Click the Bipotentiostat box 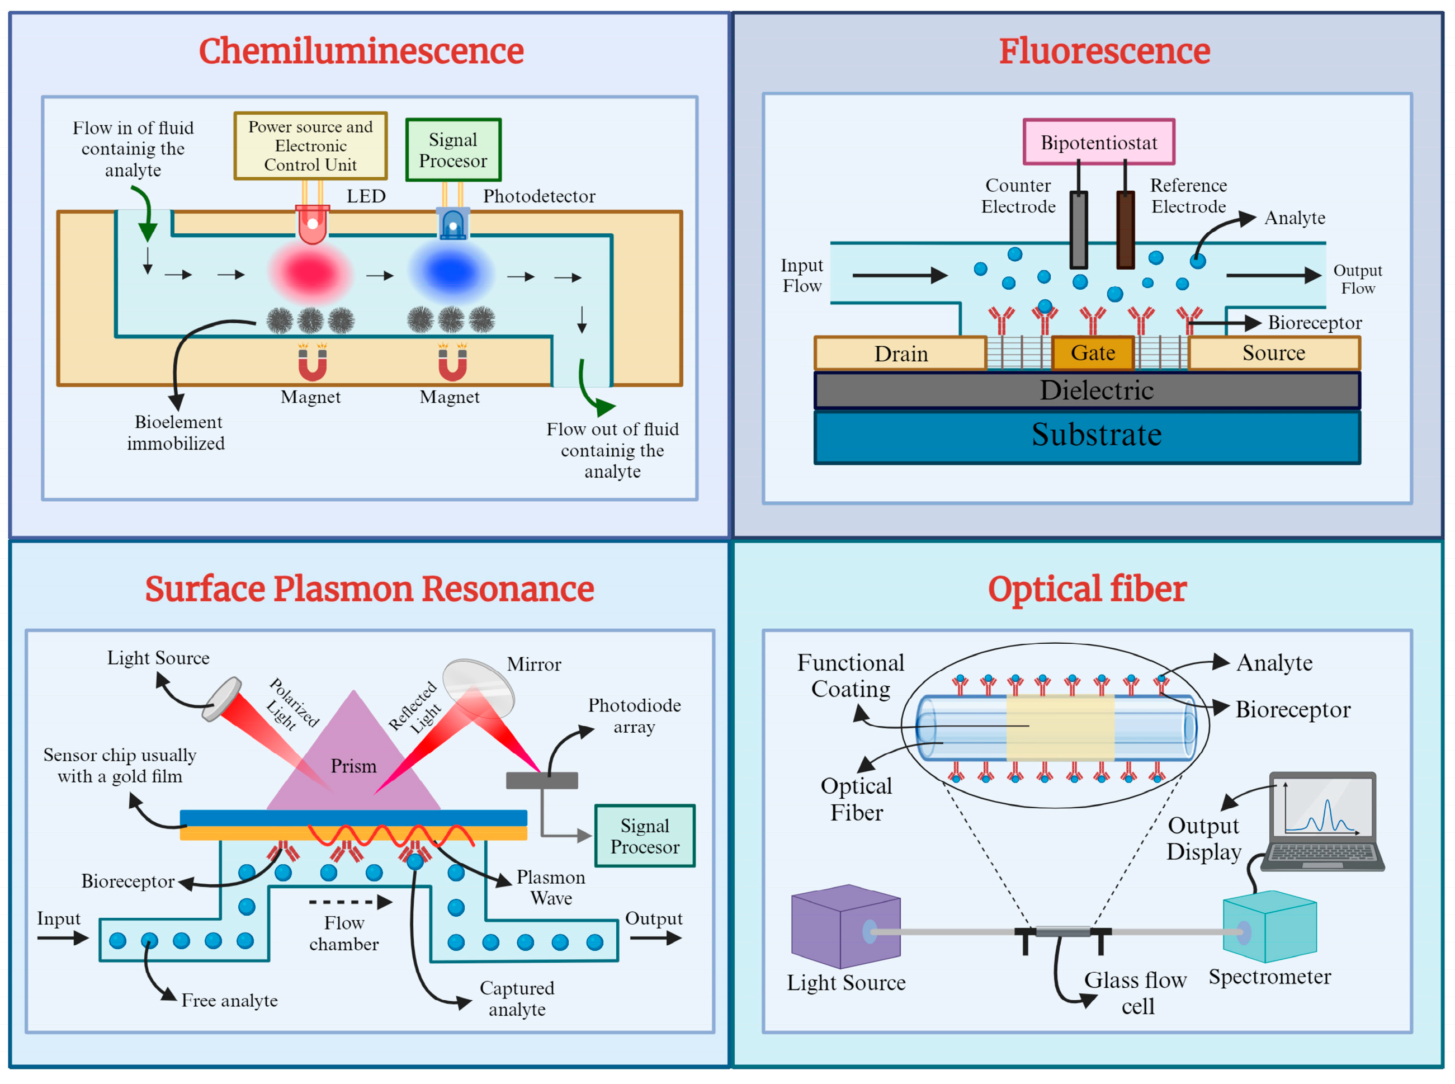tap(1099, 142)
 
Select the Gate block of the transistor tap(1093, 353)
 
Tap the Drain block tap(901, 354)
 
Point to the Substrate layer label tap(1096, 435)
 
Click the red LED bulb tap(312, 224)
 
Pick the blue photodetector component tap(452, 224)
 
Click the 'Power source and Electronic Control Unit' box tap(310, 145)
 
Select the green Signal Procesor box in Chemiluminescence tap(453, 149)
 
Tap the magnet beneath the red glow tap(312, 364)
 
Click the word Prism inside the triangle tap(353, 766)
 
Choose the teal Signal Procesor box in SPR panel tap(645, 836)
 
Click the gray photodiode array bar tap(542, 780)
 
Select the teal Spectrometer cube tap(1269, 926)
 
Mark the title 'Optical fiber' tap(1087, 588)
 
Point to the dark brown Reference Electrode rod tap(1126, 230)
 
